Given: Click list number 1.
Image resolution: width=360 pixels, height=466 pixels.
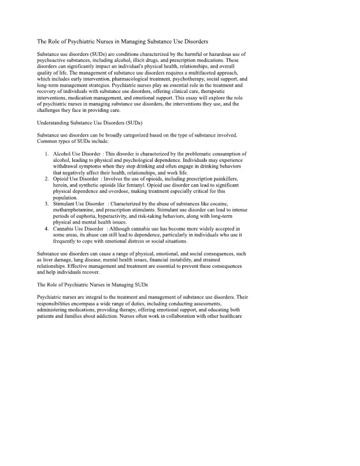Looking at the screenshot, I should pos(46,154).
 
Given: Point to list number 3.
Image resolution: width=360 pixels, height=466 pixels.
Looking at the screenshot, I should pos(46,203).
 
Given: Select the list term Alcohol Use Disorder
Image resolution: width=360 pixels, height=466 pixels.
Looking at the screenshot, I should pos(77,154).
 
